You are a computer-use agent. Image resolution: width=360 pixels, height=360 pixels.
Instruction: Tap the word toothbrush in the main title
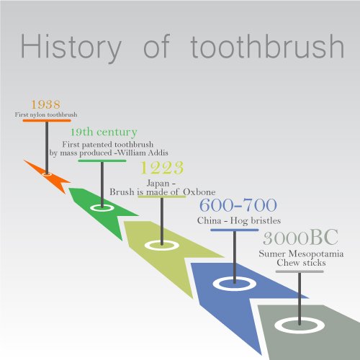267,46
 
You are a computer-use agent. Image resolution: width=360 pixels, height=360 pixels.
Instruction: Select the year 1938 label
46,104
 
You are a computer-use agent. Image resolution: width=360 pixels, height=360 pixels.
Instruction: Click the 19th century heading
104,132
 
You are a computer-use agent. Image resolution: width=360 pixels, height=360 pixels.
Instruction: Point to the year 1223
162,168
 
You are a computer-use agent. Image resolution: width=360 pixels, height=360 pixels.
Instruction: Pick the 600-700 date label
238,205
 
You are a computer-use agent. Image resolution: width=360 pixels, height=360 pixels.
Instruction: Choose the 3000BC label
300,238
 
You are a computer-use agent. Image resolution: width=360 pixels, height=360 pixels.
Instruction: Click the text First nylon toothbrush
46,114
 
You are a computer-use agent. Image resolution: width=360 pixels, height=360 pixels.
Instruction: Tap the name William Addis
143,153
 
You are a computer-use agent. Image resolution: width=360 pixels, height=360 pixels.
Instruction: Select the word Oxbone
199,192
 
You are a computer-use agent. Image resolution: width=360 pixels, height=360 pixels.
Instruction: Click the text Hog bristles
256,221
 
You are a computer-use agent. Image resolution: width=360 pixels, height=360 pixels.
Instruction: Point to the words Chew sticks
301,263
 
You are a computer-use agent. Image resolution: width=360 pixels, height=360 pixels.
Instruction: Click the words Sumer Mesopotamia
301,254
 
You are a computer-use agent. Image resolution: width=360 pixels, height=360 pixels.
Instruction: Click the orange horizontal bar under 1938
47,120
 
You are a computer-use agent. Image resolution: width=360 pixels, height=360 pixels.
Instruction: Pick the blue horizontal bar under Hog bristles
235,230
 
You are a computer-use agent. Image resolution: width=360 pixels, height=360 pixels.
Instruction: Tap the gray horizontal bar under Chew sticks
300,271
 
